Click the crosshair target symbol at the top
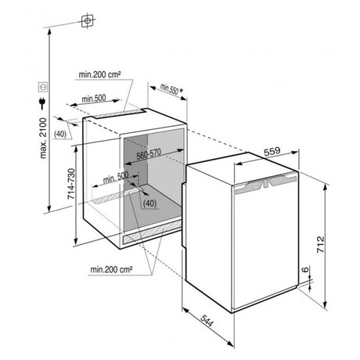[x=88, y=20]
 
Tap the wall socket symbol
[x=43, y=88]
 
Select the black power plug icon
[x=41, y=103]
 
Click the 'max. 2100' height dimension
[x=43, y=139]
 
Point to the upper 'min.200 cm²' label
[x=99, y=74]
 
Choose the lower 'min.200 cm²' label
[x=111, y=269]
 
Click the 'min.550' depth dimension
[x=169, y=88]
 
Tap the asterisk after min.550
[x=182, y=91]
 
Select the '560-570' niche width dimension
[x=149, y=154]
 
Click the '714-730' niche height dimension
[x=71, y=184]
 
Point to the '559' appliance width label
[x=272, y=151]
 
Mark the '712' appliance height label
[x=320, y=244]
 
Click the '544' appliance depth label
[x=207, y=321]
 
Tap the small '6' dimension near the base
[x=305, y=269]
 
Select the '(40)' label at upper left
[x=60, y=135]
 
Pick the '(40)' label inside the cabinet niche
[x=150, y=203]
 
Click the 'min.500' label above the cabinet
[x=94, y=99]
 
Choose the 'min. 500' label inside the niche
[x=116, y=178]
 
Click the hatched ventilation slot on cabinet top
[x=120, y=113]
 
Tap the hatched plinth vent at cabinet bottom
[x=153, y=231]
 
